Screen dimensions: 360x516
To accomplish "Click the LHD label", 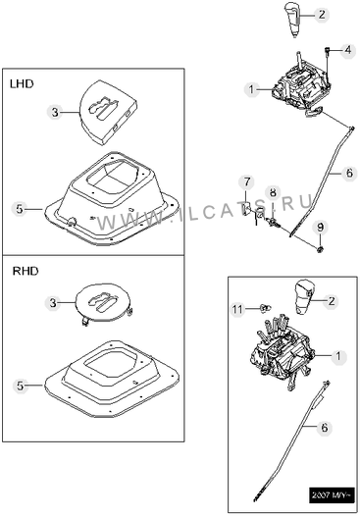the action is pos(22,84).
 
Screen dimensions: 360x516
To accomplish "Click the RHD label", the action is pos(26,271).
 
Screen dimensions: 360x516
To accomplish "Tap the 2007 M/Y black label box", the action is pos(332,495).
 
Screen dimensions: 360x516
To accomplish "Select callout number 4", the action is pos(348,50).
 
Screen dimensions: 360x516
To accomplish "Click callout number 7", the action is pos(247,182).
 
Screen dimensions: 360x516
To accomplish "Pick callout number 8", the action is pos(273,192).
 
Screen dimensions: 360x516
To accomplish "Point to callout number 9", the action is pos(320,227).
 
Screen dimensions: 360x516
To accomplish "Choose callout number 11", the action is pos(237,309).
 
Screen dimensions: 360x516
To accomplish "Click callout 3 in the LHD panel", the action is pos(55,112).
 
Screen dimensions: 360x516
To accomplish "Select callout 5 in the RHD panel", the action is pos(21,386).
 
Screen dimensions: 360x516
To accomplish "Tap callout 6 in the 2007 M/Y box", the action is pos(325,428).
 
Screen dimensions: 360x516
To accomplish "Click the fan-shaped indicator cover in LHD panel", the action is pos(108,112).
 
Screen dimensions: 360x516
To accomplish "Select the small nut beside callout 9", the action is pos(319,250).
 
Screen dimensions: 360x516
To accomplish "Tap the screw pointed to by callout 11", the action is pos(266,308).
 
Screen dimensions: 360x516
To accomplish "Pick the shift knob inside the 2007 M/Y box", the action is pos(304,297).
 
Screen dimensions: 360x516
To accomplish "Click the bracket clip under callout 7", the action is pos(246,209).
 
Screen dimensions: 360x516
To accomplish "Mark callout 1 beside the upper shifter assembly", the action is pos(252,89).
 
